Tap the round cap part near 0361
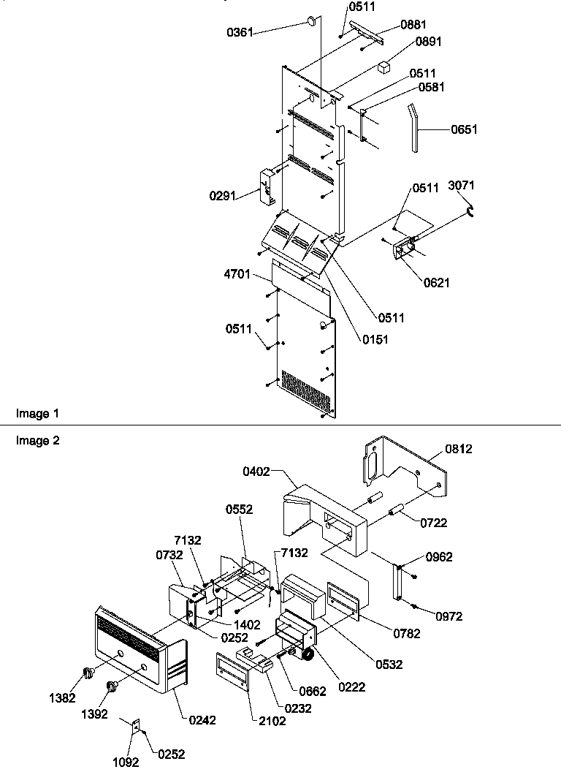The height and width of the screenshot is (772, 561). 312,20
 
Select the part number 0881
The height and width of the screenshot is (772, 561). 413,24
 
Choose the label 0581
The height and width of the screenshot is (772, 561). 432,87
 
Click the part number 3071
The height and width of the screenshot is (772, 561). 460,186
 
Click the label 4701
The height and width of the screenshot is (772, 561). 238,275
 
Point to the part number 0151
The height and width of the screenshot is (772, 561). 375,338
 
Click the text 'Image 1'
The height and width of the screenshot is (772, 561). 37,414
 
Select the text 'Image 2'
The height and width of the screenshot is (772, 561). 37,440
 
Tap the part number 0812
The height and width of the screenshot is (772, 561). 459,449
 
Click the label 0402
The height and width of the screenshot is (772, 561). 257,473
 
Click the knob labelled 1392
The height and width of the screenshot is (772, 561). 112,686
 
